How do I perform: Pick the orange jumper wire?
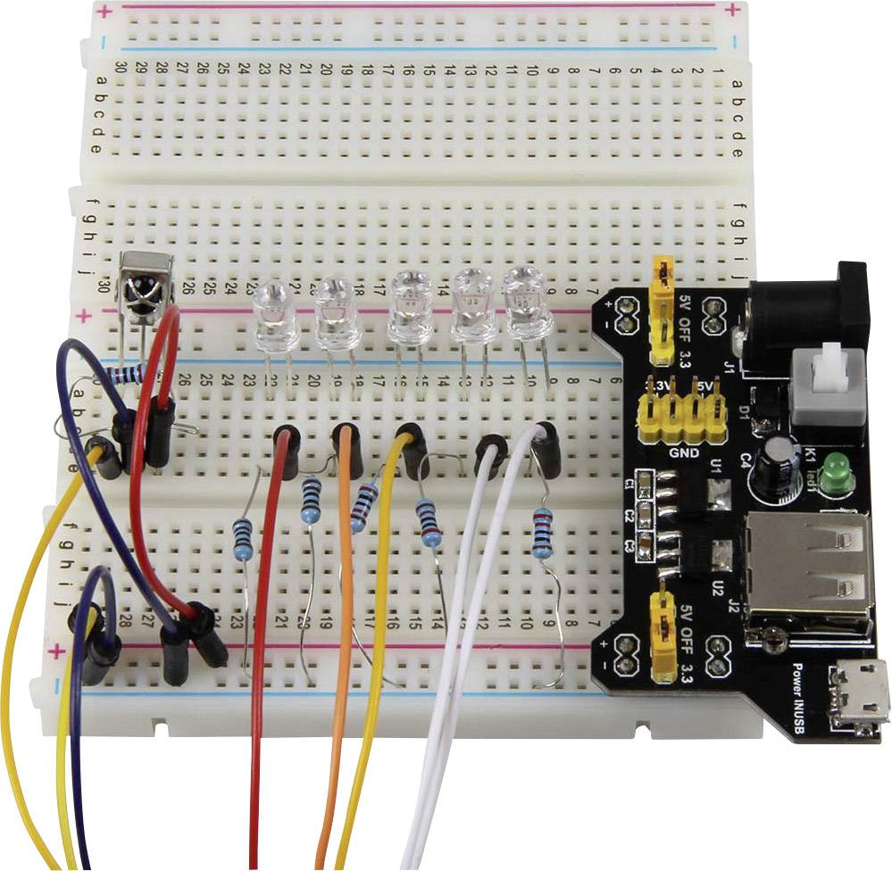pyautogui.click(x=342, y=625)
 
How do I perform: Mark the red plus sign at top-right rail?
pyautogui.click(x=731, y=12)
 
